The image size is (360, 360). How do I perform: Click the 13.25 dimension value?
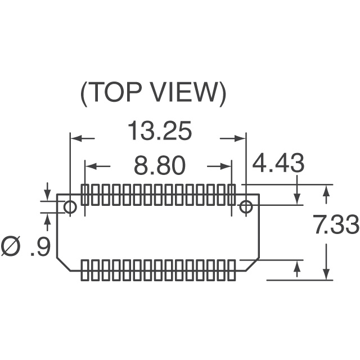[x=160, y=130]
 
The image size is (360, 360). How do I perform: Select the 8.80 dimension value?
[x=160, y=165]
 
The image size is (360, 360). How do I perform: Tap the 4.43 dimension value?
[x=278, y=163]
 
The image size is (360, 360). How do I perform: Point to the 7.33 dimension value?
[x=336, y=224]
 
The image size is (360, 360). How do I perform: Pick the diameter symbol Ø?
[x=11, y=246]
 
